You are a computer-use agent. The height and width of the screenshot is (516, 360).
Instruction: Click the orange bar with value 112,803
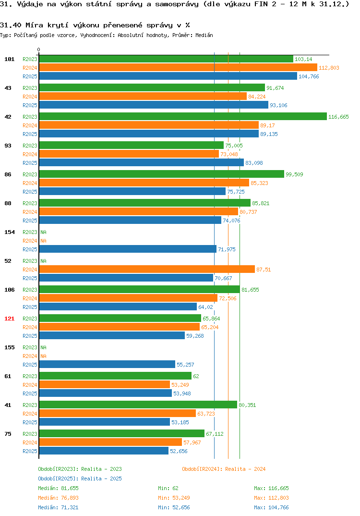(x=178, y=67)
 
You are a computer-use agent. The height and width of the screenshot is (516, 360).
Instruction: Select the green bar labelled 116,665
(x=183, y=116)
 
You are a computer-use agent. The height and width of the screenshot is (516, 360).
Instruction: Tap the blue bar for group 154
(x=128, y=249)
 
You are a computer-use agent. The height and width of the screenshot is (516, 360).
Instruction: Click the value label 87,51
(x=264, y=270)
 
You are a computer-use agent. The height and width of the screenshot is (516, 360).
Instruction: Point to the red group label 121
(x=10, y=319)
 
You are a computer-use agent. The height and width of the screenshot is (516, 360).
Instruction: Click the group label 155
(x=10, y=347)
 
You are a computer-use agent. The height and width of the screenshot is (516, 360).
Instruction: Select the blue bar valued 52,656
(x=104, y=451)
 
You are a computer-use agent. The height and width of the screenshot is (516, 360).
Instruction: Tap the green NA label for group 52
(x=43, y=261)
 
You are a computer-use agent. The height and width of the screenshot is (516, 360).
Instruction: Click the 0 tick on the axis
(x=39, y=49)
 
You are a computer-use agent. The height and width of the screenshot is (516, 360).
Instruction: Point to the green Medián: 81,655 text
(x=58, y=488)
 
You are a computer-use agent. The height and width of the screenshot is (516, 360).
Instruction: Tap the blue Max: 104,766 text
(x=271, y=507)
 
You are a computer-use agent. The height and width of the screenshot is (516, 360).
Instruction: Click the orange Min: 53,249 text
(x=174, y=498)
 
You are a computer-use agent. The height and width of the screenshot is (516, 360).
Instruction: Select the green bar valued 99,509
(x=161, y=174)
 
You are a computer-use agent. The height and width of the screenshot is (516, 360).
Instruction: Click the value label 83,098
(x=254, y=163)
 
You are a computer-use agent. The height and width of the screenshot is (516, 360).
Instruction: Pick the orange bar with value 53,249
(x=105, y=384)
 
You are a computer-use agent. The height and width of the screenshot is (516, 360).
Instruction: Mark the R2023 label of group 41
(x=30, y=405)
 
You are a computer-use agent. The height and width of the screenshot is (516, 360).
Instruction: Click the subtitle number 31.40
(x=11, y=25)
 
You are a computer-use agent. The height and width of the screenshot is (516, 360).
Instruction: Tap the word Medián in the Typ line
(x=204, y=35)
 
